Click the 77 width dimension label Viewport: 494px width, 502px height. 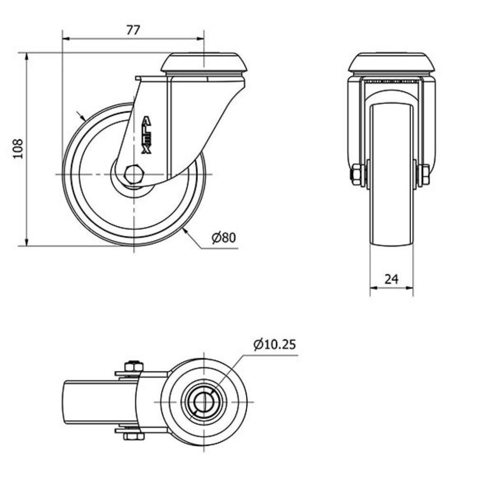[x=133, y=30]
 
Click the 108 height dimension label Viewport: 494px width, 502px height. [x=18, y=149]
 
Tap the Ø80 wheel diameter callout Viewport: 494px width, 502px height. [x=223, y=238]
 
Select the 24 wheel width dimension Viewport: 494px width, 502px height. [x=392, y=279]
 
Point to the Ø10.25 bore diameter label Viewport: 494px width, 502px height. [x=274, y=344]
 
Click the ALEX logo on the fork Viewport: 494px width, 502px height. [x=146, y=135]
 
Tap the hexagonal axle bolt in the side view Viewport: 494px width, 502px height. [x=134, y=174]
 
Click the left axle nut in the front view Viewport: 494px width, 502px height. [x=356, y=175]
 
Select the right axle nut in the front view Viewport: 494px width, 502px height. [x=425, y=175]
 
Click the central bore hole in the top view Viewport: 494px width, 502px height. [x=203, y=402]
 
